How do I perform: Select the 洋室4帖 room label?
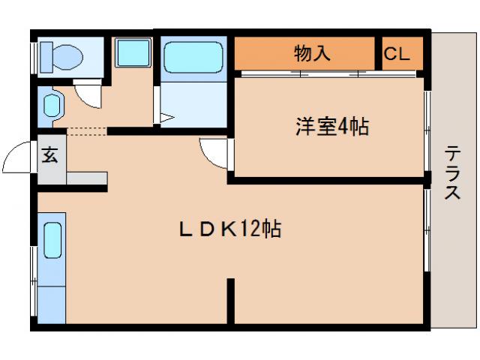[331, 127]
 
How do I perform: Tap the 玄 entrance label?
[50, 155]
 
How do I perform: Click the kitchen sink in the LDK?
[52, 240]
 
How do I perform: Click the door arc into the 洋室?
[214, 154]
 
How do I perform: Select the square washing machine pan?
[133, 54]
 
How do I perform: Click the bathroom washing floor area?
[193, 104]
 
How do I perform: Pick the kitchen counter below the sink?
[52, 300]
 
